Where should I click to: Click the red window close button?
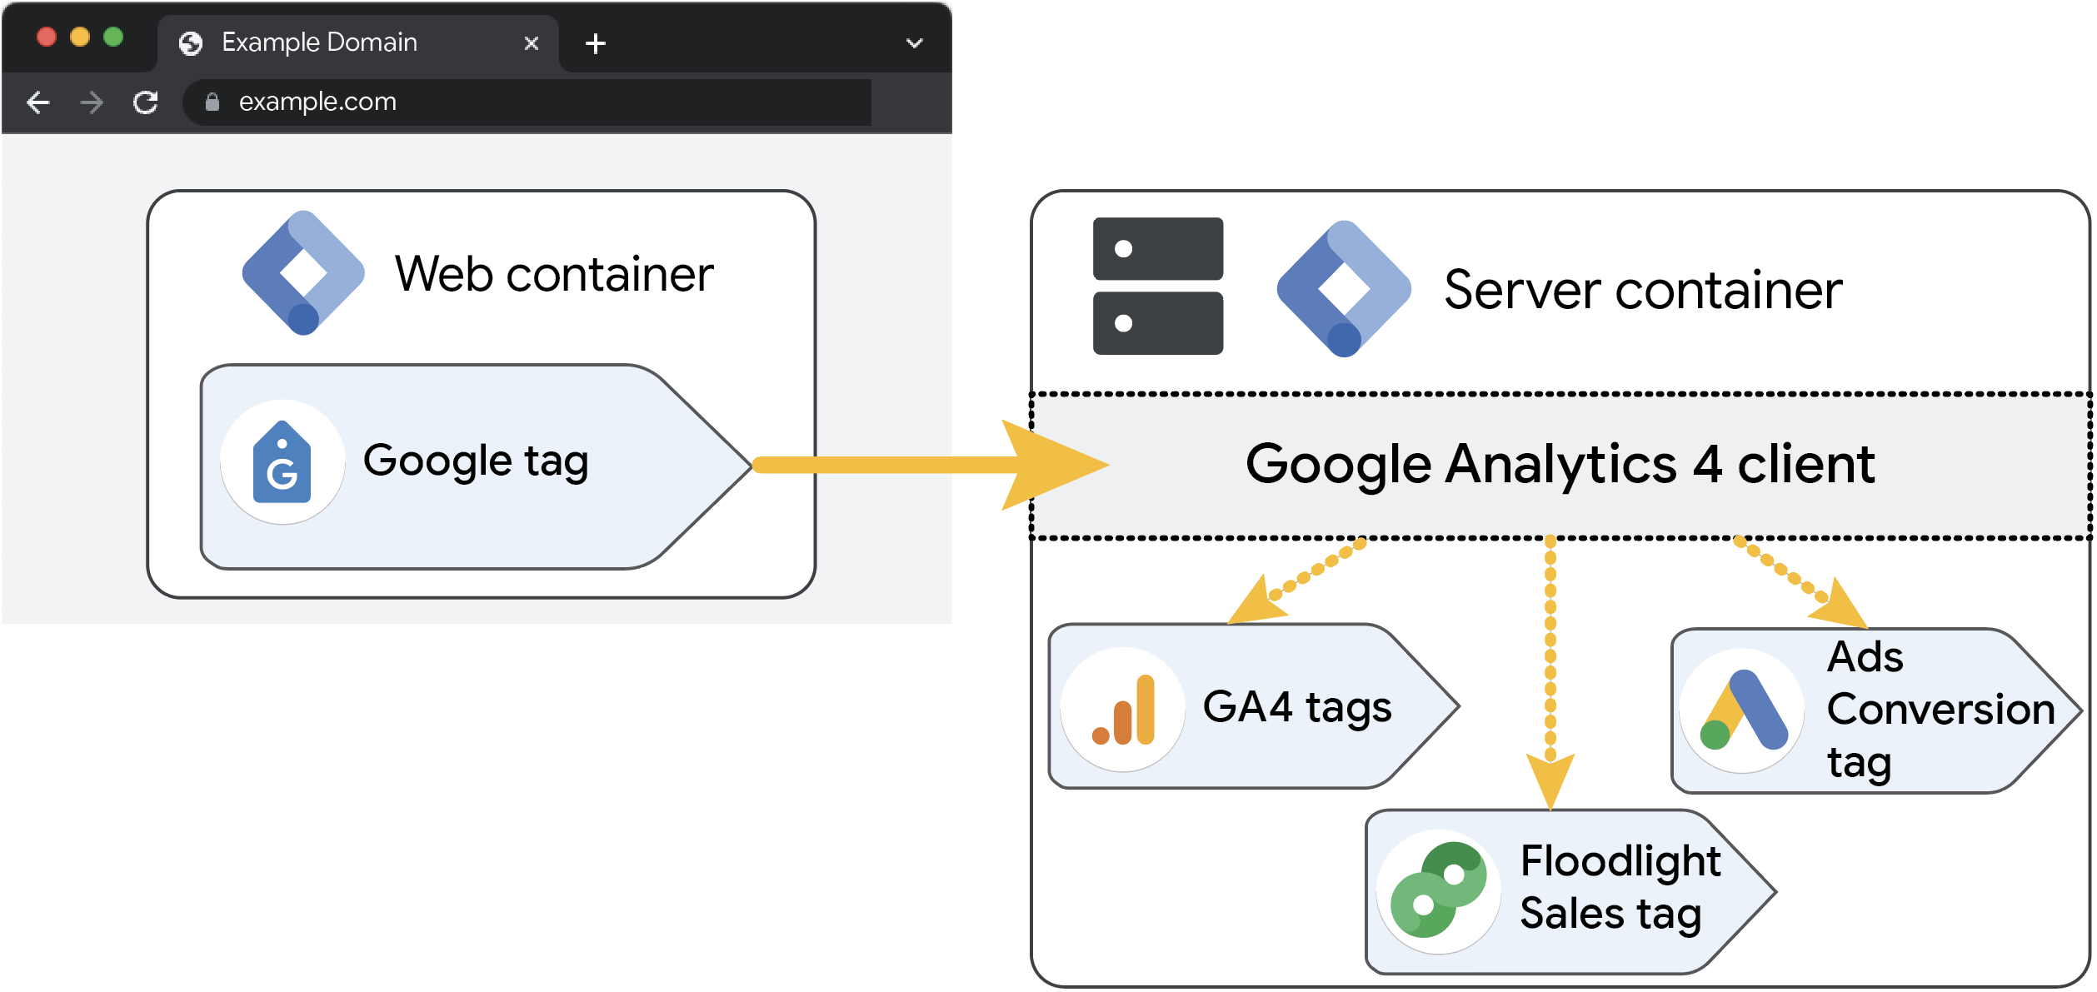(x=47, y=37)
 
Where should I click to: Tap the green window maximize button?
(x=113, y=37)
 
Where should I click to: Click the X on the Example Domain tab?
(x=531, y=43)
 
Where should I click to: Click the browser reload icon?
(x=146, y=102)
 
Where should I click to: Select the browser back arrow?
(x=38, y=102)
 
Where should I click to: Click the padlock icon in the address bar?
(x=212, y=102)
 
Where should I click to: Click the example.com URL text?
(x=317, y=102)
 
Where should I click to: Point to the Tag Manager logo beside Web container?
(x=303, y=273)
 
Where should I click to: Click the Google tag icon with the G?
(x=282, y=462)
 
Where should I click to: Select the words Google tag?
(x=476, y=461)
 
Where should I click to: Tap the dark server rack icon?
(x=1157, y=286)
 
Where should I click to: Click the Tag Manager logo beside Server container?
(x=1343, y=288)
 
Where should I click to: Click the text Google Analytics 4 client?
(x=1560, y=464)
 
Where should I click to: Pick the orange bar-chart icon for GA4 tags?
(x=1123, y=710)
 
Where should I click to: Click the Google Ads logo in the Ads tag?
(x=1742, y=711)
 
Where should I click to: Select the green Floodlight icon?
(x=1439, y=890)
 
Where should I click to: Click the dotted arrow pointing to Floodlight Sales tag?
(x=1550, y=666)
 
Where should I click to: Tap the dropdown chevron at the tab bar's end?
(x=914, y=43)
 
